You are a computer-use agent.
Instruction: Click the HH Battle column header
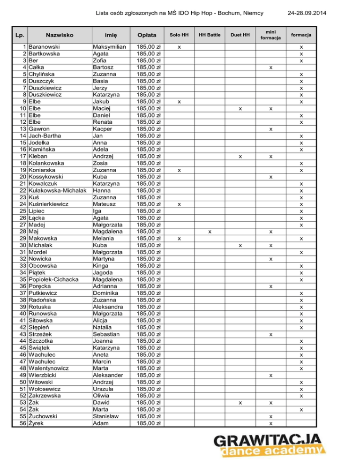(x=210, y=35)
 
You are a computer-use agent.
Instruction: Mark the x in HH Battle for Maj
(x=210, y=232)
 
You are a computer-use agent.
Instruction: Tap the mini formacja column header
(x=270, y=35)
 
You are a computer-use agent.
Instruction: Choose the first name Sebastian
(x=109, y=334)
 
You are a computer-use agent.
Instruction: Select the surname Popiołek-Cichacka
(x=55, y=280)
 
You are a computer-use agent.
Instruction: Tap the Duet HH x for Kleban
(x=240, y=157)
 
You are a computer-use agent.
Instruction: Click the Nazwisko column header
(x=59, y=35)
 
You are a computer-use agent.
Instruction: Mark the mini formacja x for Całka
(x=270, y=68)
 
